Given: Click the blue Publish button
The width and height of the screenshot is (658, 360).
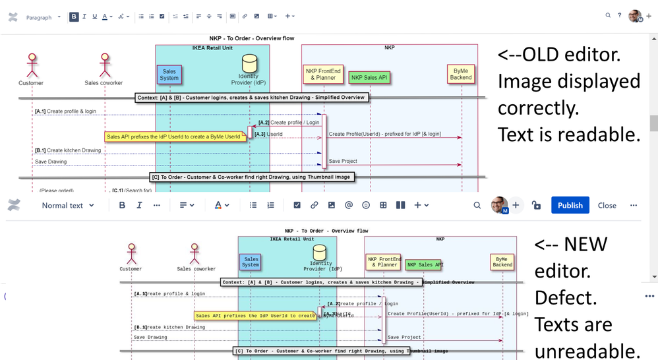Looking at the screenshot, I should pyautogui.click(x=570, y=205).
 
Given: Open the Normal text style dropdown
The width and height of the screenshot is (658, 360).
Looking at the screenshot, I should pyautogui.click(x=68, y=205).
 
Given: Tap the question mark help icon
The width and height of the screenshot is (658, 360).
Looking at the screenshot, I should pyautogui.click(x=620, y=15).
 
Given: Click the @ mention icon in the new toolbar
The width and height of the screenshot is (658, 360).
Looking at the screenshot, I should pyautogui.click(x=349, y=205).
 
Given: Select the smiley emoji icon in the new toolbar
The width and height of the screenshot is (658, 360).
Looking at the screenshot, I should pyautogui.click(x=366, y=205).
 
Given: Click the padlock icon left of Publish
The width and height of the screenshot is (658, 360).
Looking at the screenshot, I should pyautogui.click(x=536, y=205).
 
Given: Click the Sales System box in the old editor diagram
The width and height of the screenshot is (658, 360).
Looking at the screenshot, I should pyautogui.click(x=169, y=75).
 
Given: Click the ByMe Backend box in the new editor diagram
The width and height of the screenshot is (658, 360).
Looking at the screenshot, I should pyautogui.click(x=502, y=262).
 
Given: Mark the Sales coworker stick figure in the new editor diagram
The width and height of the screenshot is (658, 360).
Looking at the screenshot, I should pyautogui.click(x=195, y=253).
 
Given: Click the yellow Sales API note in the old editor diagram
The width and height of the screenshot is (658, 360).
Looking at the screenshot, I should pyautogui.click(x=175, y=136).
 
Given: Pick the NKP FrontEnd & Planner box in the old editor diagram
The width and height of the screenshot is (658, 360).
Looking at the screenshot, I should pyautogui.click(x=322, y=74).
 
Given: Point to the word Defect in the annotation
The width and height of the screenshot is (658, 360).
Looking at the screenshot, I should pyautogui.click(x=565, y=298).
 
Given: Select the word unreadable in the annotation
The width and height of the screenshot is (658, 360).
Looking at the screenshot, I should pyautogui.click(x=587, y=350).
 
